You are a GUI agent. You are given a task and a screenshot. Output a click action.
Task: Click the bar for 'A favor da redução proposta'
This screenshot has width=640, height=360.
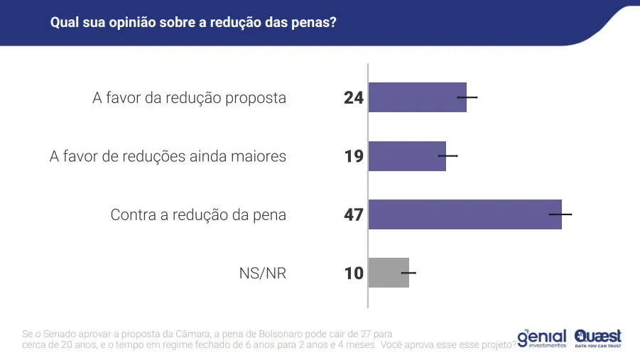pyautogui.click(x=417, y=97)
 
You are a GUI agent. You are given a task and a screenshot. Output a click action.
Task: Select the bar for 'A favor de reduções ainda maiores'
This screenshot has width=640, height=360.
pyautogui.click(x=407, y=156)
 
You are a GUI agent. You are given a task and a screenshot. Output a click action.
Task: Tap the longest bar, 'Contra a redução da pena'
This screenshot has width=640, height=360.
pyautogui.click(x=465, y=214)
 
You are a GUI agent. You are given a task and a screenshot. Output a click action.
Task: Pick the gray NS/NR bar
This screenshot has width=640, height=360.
pyautogui.click(x=389, y=273)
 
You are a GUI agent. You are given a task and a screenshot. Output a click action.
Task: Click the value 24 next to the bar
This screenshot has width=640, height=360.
pyautogui.click(x=353, y=98)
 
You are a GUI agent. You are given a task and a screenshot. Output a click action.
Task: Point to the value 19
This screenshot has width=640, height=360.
pyautogui.click(x=353, y=156)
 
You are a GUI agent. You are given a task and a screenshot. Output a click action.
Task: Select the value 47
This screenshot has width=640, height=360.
pyautogui.click(x=353, y=214)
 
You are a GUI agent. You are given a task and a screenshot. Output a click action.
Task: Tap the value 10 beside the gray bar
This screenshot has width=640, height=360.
pyautogui.click(x=353, y=273)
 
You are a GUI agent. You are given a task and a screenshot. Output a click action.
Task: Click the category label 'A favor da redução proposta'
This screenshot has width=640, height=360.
pyautogui.click(x=189, y=98)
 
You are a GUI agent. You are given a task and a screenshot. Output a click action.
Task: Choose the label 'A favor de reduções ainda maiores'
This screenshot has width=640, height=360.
pyautogui.click(x=168, y=156)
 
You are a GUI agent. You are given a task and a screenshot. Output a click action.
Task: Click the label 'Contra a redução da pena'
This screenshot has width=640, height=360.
pyautogui.click(x=198, y=214)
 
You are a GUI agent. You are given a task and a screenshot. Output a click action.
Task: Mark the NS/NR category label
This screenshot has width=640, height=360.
pyautogui.click(x=263, y=273)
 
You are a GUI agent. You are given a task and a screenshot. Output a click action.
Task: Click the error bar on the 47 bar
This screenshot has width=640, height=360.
pyautogui.click(x=560, y=214)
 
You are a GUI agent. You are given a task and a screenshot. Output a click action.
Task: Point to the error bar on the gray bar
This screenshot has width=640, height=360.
pyautogui.click(x=408, y=273)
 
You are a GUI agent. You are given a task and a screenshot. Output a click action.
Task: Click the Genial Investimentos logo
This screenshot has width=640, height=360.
pyautogui.click(x=541, y=338)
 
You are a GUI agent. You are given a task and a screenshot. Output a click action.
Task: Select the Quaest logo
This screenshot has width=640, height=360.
pyautogui.click(x=598, y=337)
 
